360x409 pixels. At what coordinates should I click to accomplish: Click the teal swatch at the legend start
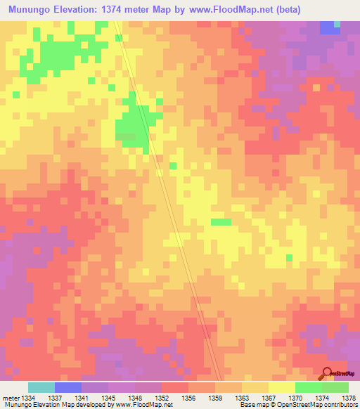(x=41, y=387)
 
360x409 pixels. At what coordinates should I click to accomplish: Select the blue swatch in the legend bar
(x=68, y=387)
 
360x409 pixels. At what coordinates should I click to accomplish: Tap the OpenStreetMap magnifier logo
(x=328, y=373)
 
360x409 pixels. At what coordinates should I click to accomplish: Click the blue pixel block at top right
(x=328, y=27)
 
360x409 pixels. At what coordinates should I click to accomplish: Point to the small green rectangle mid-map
(x=221, y=222)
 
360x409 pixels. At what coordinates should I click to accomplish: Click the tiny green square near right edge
(x=289, y=258)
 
